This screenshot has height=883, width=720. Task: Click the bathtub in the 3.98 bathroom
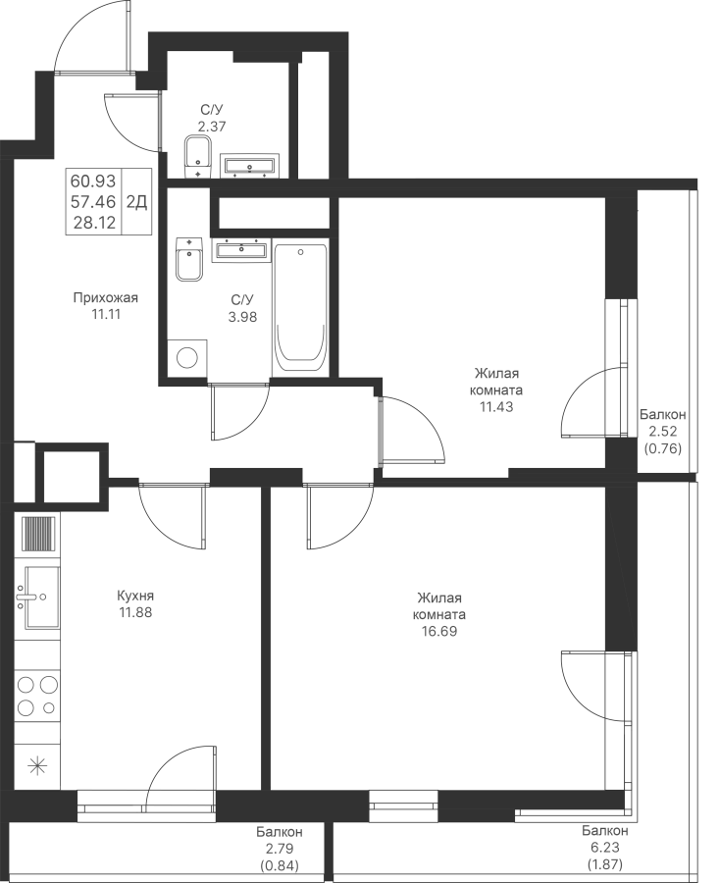click(300, 309)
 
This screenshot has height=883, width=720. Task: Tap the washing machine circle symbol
click(187, 357)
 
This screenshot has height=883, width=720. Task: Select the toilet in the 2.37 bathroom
click(197, 157)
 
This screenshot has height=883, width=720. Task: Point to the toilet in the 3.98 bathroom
click(189, 259)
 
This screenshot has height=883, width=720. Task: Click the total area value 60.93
click(93, 181)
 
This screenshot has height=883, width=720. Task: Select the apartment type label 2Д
click(136, 201)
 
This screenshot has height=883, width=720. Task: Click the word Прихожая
click(106, 298)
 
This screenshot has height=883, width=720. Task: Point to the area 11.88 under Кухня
click(135, 612)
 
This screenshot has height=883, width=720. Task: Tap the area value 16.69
click(439, 631)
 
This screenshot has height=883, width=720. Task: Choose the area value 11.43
click(496, 406)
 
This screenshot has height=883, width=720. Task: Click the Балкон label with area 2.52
click(662, 415)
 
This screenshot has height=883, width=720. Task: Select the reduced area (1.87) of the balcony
click(605, 863)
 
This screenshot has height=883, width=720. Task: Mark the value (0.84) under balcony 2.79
click(280, 865)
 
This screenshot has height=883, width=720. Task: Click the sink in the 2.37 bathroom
click(249, 165)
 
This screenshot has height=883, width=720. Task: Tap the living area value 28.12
click(93, 223)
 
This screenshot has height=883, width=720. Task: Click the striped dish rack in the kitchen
click(38, 534)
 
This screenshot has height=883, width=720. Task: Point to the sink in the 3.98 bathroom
click(241, 249)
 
